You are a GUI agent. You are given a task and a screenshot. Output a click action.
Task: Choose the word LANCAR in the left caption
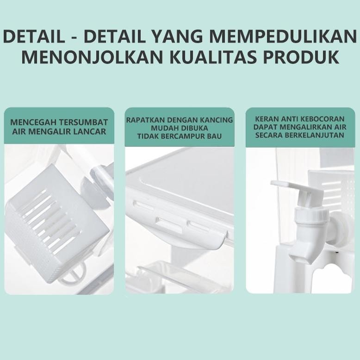(89, 131)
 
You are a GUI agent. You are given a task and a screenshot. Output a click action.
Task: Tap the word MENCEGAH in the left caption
(30, 123)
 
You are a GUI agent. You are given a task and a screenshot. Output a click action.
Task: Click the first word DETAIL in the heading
(37, 36)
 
